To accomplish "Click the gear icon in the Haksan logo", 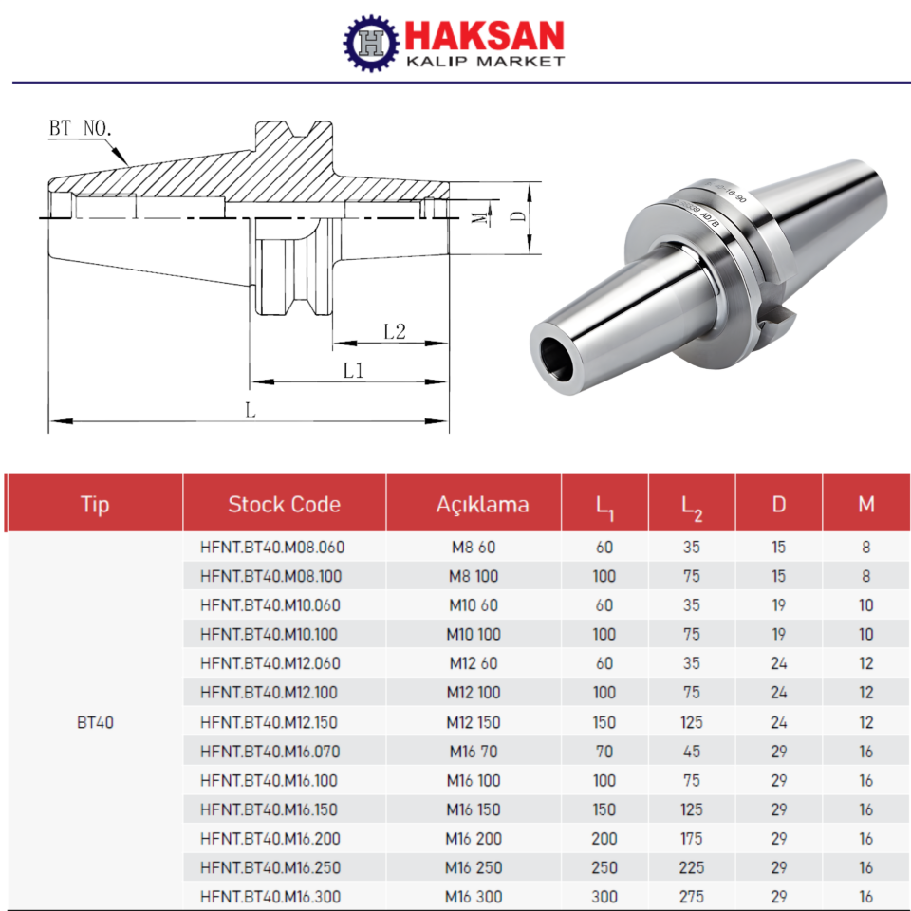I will coord(371,44).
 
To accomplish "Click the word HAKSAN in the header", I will coord(484,36).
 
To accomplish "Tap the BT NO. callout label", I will coord(83,128).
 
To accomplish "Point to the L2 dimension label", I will coord(395,331).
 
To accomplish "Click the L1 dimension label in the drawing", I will coord(354,371).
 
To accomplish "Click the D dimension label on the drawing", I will coord(517,215).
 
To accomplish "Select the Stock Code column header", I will coord(284,504).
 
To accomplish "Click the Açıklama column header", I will coord(483,504).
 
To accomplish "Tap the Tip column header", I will coord(95,504).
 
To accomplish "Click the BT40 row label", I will coord(95,722).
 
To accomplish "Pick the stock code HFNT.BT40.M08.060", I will coord(271,548).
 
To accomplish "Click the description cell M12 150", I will coord(473,722).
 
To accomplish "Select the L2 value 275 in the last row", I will coord(692,897).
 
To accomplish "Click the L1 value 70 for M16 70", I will coord(604,752).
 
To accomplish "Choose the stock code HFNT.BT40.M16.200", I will coord(271,839).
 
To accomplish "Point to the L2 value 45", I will coord(692,752).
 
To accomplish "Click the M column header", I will coord(865,504).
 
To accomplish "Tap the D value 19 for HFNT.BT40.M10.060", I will coord(778,605).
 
